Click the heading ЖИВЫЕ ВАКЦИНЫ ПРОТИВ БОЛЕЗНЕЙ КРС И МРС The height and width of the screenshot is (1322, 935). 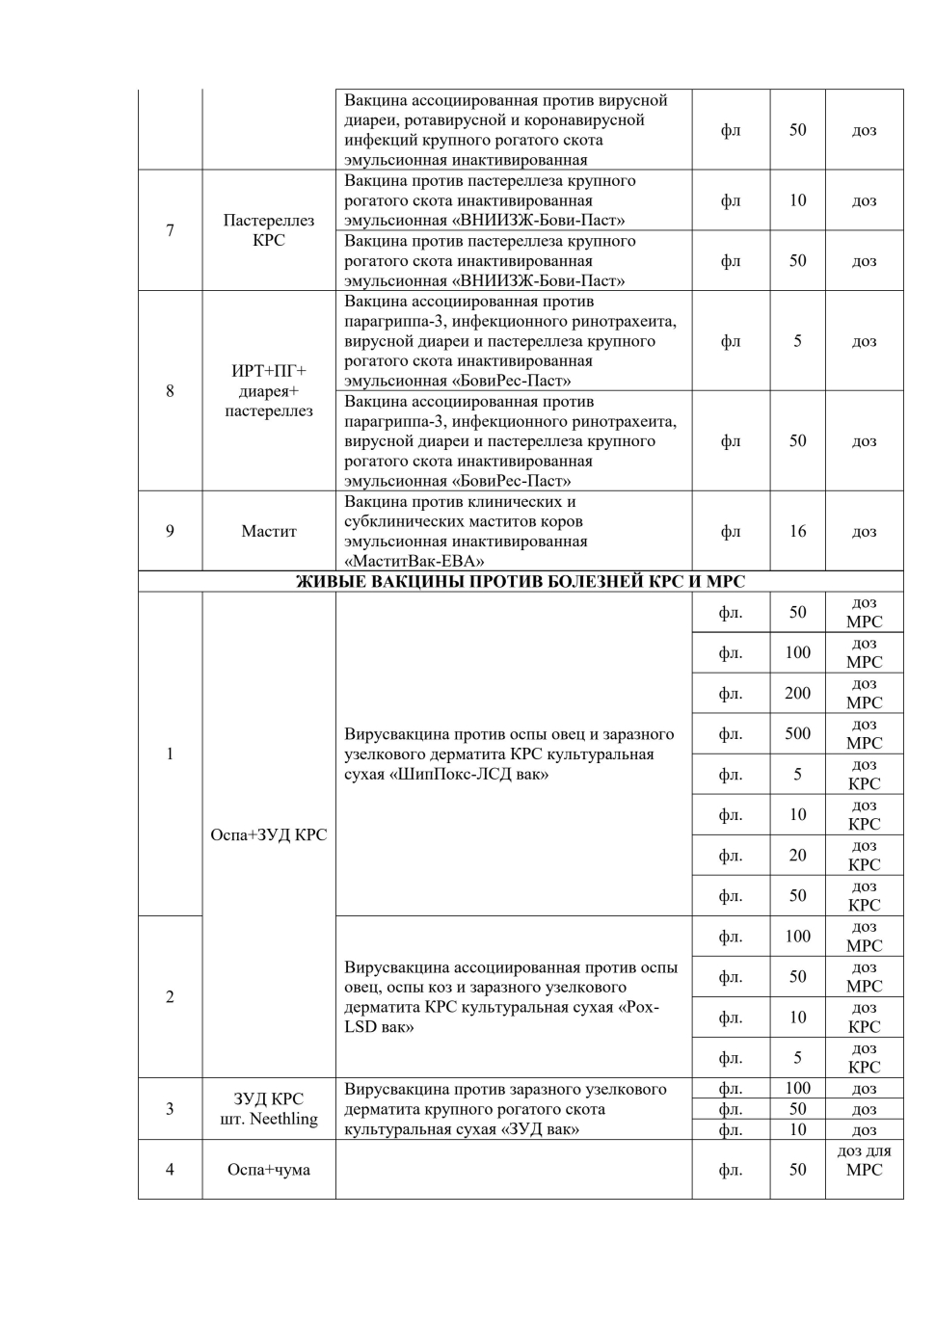point(520,581)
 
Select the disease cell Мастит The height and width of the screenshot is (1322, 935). point(268,531)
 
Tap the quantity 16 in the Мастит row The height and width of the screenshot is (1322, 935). point(797,531)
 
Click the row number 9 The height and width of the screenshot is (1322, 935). point(170,531)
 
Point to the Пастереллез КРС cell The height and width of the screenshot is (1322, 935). point(268,230)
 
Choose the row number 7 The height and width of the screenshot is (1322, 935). point(170,230)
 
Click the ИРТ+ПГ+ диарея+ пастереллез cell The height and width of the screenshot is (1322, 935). point(268,391)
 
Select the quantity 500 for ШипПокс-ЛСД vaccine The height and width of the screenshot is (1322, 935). point(797,733)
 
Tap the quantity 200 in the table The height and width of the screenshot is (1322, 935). point(797,693)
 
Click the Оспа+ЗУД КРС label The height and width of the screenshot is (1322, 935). point(268,834)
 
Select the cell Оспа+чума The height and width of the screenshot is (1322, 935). point(268,1170)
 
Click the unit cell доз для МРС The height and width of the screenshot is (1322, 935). point(864,1160)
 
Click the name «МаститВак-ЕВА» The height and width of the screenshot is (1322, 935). point(414,561)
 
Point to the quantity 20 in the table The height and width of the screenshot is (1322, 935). point(797,855)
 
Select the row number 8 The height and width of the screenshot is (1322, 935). point(170,391)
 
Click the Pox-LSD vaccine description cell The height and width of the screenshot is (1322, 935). point(511,996)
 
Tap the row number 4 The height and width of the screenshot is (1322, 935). point(170,1170)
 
